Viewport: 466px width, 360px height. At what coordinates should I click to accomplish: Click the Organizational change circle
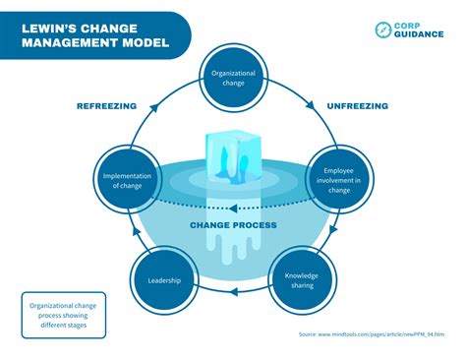(x=234, y=78)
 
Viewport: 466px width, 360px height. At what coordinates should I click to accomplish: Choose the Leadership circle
(x=164, y=280)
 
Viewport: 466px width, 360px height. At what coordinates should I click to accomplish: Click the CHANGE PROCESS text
(x=233, y=225)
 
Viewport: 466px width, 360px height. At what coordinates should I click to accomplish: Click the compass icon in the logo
(x=382, y=30)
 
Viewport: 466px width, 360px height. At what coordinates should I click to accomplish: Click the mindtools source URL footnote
(x=383, y=334)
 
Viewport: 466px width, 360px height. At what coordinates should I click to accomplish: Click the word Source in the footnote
(x=308, y=334)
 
